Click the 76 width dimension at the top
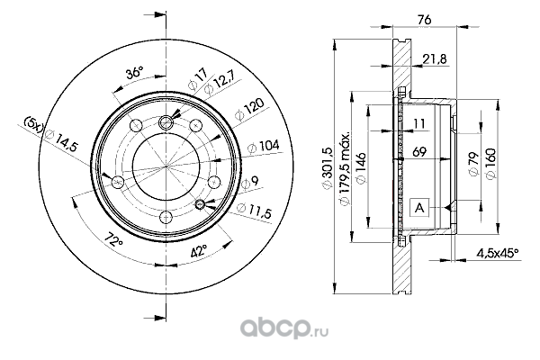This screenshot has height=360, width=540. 424,20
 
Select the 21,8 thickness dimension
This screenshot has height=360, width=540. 435,59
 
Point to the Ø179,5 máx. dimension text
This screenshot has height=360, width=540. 345,169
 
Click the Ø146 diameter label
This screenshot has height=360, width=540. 361,168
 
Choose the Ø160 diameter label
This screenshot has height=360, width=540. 490,163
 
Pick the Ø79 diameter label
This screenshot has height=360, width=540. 474,164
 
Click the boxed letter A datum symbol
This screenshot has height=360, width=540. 419,208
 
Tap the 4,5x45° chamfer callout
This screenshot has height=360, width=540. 498,254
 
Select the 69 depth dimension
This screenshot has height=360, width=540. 419,151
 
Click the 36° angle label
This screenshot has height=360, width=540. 133,74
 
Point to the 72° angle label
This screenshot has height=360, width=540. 113,239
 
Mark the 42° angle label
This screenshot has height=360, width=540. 199,251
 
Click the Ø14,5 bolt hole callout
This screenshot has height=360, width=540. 61,140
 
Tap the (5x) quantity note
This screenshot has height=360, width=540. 33,123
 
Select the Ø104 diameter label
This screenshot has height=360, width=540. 264,147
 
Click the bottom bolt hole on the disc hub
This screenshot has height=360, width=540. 166,218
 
